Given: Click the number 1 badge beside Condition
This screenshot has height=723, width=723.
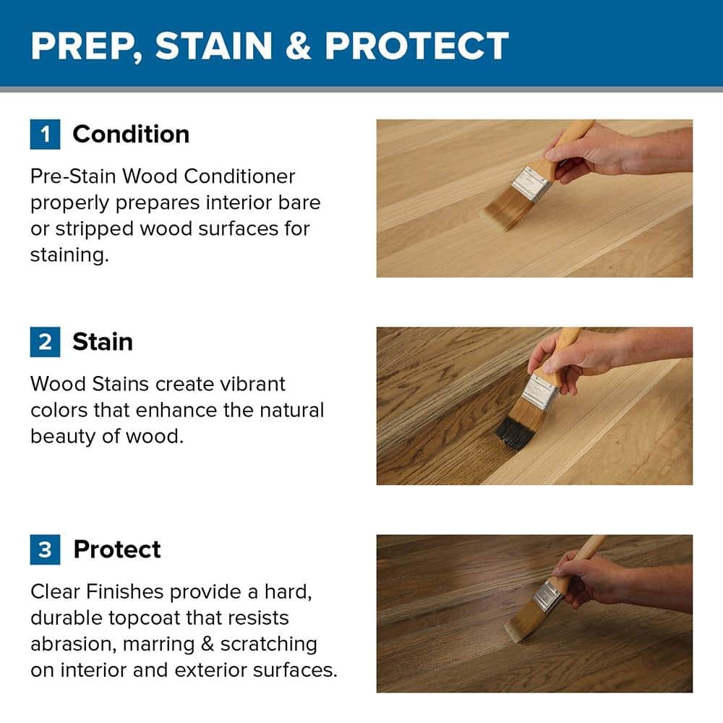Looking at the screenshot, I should click(45, 134).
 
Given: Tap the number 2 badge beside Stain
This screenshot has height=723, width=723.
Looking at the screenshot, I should click(45, 342).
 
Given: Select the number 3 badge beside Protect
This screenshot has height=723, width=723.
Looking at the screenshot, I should click(45, 549).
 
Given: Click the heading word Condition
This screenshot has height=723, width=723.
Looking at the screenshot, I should click(131, 134).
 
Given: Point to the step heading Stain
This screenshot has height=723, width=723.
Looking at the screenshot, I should click(103, 342).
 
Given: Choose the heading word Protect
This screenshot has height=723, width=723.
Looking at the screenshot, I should click(117, 549).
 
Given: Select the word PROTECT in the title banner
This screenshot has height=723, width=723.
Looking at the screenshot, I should click(416, 46).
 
